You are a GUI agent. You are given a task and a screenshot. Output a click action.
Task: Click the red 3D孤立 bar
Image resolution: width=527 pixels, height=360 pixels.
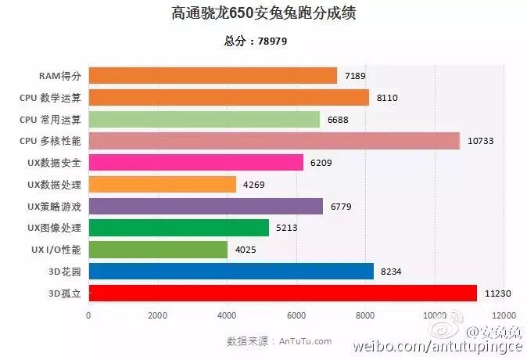coord(282,293)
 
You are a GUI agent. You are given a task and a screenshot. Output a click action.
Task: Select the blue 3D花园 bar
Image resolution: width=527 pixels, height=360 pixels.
coord(231,271)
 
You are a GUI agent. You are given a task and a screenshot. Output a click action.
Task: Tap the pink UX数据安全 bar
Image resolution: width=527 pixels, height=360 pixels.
coord(195,162)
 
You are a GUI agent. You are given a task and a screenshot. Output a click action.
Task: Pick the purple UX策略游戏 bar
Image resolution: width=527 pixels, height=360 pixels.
coord(206,206)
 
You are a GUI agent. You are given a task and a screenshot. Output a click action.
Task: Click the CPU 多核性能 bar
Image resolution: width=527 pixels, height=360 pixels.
coord(274,141)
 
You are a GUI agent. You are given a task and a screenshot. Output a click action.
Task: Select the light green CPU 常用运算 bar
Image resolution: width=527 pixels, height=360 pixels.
coord(204,119)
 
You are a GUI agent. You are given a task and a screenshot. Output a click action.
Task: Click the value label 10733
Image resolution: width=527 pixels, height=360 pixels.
coord(480,141)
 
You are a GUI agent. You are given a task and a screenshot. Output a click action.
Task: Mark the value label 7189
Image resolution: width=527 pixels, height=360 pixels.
coord(354,76)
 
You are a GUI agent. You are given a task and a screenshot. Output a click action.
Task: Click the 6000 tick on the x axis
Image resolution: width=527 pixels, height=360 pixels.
coord(296,315)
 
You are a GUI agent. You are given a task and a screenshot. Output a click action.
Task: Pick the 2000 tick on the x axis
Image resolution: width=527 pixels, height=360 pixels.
coord(158,315)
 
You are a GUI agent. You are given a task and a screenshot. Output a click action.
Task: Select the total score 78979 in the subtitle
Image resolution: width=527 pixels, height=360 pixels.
coord(273,41)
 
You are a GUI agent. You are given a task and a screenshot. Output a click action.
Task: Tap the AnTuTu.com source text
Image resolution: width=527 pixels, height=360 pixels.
coord(305,341)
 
